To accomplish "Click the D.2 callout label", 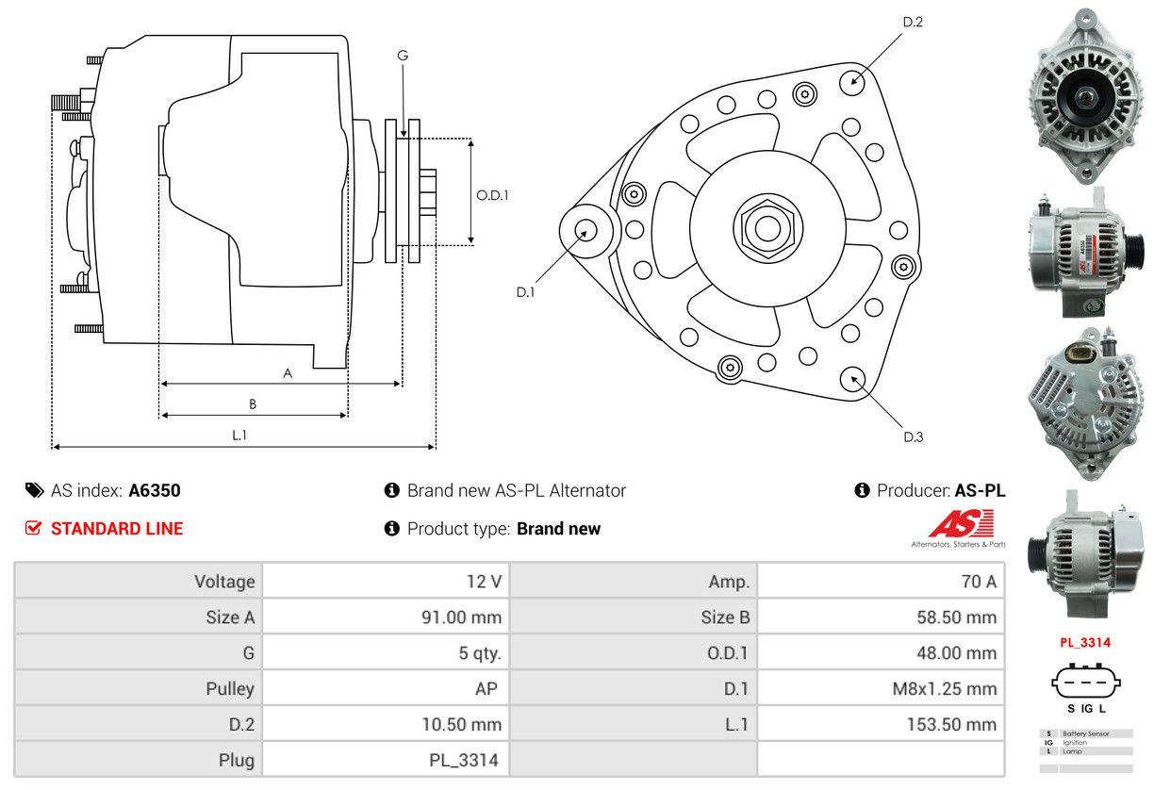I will (912, 22).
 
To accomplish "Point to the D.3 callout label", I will (912, 436).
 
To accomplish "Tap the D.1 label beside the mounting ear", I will (525, 292).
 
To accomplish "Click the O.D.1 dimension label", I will (492, 196).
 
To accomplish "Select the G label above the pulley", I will (403, 56).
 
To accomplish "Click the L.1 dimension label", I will (239, 435).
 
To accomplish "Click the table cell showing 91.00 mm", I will (460, 617).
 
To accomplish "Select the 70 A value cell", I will (978, 582).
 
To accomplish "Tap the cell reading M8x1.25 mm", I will (944, 689).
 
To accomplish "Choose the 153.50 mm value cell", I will (953, 725).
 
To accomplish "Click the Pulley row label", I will (230, 689).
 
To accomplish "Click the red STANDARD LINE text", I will (117, 529).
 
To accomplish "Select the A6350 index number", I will (155, 490).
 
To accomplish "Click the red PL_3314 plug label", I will (1084, 643).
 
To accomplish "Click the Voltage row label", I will (224, 582).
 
